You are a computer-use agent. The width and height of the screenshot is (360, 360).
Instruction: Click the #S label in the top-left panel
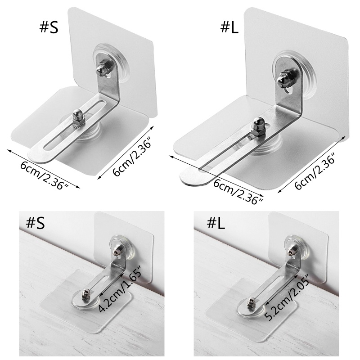coord(49,27)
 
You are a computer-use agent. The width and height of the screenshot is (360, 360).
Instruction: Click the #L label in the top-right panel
coord(229,27)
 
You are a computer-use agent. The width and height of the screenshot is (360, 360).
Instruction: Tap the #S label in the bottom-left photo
coord(35,222)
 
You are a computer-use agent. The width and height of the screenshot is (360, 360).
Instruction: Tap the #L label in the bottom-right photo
coord(216,223)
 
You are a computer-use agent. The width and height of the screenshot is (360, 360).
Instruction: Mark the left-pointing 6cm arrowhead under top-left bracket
coord(9,151)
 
